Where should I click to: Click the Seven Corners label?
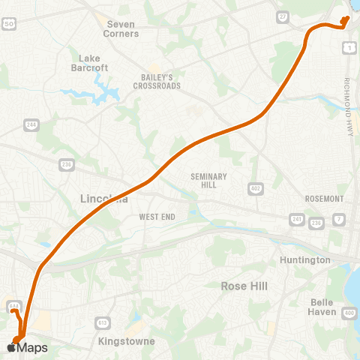pos(121,28)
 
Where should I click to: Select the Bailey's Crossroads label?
pos(157,82)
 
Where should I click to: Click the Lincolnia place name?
pos(103,199)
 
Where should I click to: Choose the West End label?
pos(157,217)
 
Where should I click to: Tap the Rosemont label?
pos(324,199)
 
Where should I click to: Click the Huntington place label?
pos(304,259)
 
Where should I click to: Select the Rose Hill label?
pos(244,286)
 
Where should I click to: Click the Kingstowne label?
pos(127,341)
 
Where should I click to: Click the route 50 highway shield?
pos(9,24)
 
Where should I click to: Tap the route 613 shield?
pos(100,322)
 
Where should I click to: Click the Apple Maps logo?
pos(27,348)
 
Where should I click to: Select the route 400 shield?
pos(349,313)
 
